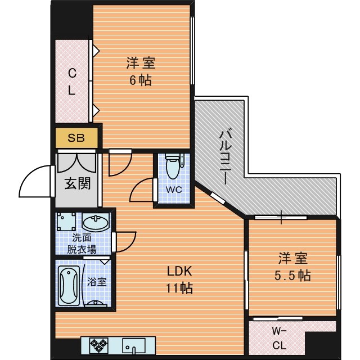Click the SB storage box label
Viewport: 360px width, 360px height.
(x=76, y=138)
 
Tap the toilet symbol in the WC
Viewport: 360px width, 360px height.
(x=173, y=166)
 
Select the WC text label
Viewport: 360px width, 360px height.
(x=174, y=190)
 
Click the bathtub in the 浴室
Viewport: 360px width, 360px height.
(x=69, y=286)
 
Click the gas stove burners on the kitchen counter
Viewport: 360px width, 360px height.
(x=99, y=345)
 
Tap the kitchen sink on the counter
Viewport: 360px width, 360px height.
(x=134, y=345)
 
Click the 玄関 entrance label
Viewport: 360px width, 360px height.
(x=78, y=184)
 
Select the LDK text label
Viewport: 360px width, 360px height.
(x=179, y=271)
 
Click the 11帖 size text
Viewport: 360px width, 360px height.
(x=179, y=288)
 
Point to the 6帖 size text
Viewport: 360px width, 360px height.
(x=141, y=80)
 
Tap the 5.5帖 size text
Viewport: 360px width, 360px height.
(x=292, y=275)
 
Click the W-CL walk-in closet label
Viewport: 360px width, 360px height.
(x=279, y=338)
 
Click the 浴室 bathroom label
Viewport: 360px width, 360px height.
(x=97, y=282)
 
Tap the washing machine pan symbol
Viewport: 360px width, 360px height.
(x=66, y=222)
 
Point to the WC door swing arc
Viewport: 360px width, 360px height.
(x=139, y=188)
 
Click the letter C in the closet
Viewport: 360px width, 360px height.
(x=72, y=74)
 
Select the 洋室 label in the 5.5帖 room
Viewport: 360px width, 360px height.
(x=292, y=258)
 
